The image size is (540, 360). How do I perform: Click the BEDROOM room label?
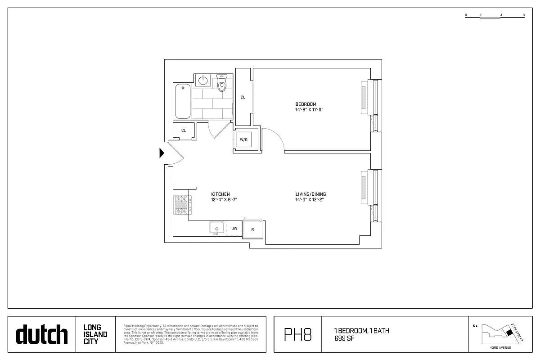pos(306,104)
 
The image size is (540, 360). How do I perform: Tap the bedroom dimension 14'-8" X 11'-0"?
pos(310,110)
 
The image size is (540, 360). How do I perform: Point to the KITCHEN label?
pos(220,194)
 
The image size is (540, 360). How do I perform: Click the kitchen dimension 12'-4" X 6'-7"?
pos(224,200)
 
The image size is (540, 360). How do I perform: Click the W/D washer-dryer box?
pos(243,140)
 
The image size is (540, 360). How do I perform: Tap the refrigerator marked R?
pos(253,229)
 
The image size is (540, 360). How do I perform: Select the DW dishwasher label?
pos(234,228)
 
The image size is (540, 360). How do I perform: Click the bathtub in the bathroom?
pos(183,101)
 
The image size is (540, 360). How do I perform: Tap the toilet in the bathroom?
pos(222,84)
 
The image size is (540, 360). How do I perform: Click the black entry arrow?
pos(162,153)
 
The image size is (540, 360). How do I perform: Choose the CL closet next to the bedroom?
pos(243,97)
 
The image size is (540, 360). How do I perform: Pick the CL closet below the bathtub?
pos(184,130)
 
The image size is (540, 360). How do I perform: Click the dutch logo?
pos(42,335)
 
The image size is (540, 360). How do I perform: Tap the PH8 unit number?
pos(297,335)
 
